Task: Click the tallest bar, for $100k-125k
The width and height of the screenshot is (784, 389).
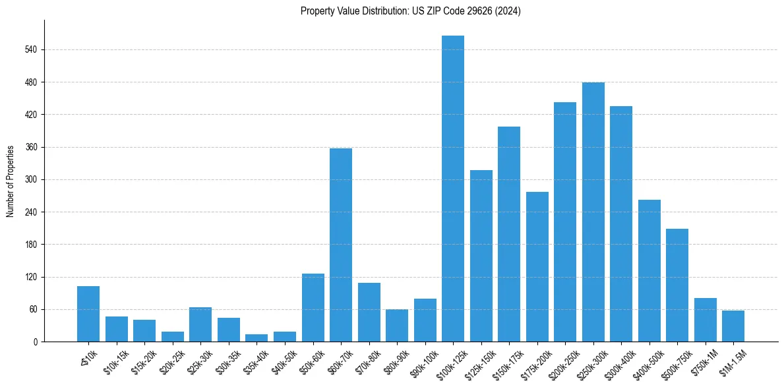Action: (x=453, y=189)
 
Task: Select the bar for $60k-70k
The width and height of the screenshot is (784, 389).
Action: (x=341, y=245)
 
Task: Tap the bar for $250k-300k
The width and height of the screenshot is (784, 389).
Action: (x=593, y=212)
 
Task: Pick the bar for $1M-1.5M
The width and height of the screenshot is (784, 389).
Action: (x=733, y=326)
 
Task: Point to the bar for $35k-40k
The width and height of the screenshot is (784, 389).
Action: (x=256, y=338)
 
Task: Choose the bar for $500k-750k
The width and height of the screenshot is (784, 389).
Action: (x=677, y=285)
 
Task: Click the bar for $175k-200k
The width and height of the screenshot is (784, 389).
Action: (x=537, y=266)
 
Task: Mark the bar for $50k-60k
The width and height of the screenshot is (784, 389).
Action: (x=313, y=307)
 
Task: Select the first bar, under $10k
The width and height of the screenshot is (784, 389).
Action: (x=88, y=314)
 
